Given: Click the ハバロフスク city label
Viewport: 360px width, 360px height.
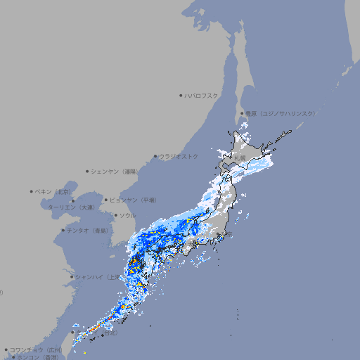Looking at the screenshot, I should click(x=202, y=95).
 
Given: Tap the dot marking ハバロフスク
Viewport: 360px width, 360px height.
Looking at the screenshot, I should click(x=181, y=95).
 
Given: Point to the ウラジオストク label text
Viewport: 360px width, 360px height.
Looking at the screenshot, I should click(x=179, y=156).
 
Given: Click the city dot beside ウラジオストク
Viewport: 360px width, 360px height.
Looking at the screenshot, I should click(x=155, y=156).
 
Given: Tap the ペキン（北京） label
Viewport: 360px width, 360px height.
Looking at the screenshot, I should click(x=54, y=191).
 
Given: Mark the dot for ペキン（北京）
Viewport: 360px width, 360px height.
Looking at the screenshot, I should click(x=32, y=191).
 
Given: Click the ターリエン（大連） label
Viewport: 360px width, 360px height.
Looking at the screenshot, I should click(x=71, y=207).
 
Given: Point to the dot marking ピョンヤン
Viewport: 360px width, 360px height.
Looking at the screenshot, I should click(x=107, y=200).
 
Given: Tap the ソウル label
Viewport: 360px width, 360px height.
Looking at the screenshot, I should click(x=127, y=215).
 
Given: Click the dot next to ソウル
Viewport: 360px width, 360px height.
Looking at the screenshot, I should click(x=114, y=215).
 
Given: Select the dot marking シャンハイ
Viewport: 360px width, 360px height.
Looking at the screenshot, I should click(x=72, y=276).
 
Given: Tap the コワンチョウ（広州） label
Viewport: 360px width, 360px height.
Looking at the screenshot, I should click(x=36, y=349).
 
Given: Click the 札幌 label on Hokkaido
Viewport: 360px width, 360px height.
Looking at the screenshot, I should click(x=240, y=157).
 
